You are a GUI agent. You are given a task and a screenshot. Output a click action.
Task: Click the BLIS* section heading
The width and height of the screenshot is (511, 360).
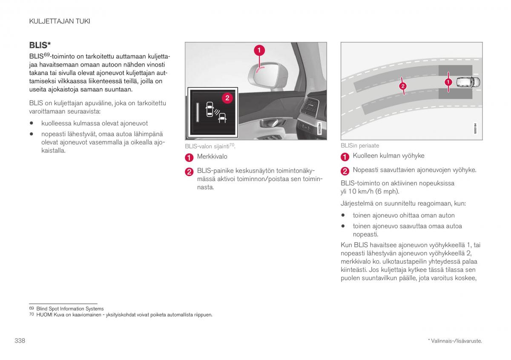coord(40,45)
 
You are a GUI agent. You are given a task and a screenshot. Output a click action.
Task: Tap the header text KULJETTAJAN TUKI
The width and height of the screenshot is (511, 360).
coord(59,21)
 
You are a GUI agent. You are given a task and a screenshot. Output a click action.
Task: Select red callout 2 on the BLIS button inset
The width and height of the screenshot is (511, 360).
coord(227,98)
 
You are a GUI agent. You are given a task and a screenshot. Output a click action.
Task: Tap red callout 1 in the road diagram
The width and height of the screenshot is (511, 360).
coord(448,81)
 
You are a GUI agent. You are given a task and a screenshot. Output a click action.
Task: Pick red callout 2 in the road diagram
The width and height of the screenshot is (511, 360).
coord(402,86)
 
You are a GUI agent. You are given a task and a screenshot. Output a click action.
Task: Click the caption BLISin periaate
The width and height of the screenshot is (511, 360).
coord(359,146)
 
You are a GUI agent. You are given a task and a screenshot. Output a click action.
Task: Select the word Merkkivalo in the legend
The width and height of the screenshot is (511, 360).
coord(212,157)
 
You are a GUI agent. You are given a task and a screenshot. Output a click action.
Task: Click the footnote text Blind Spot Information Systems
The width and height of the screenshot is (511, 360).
coord(70,309)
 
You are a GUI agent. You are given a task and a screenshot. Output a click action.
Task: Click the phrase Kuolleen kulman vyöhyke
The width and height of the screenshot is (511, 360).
coord(388,156)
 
